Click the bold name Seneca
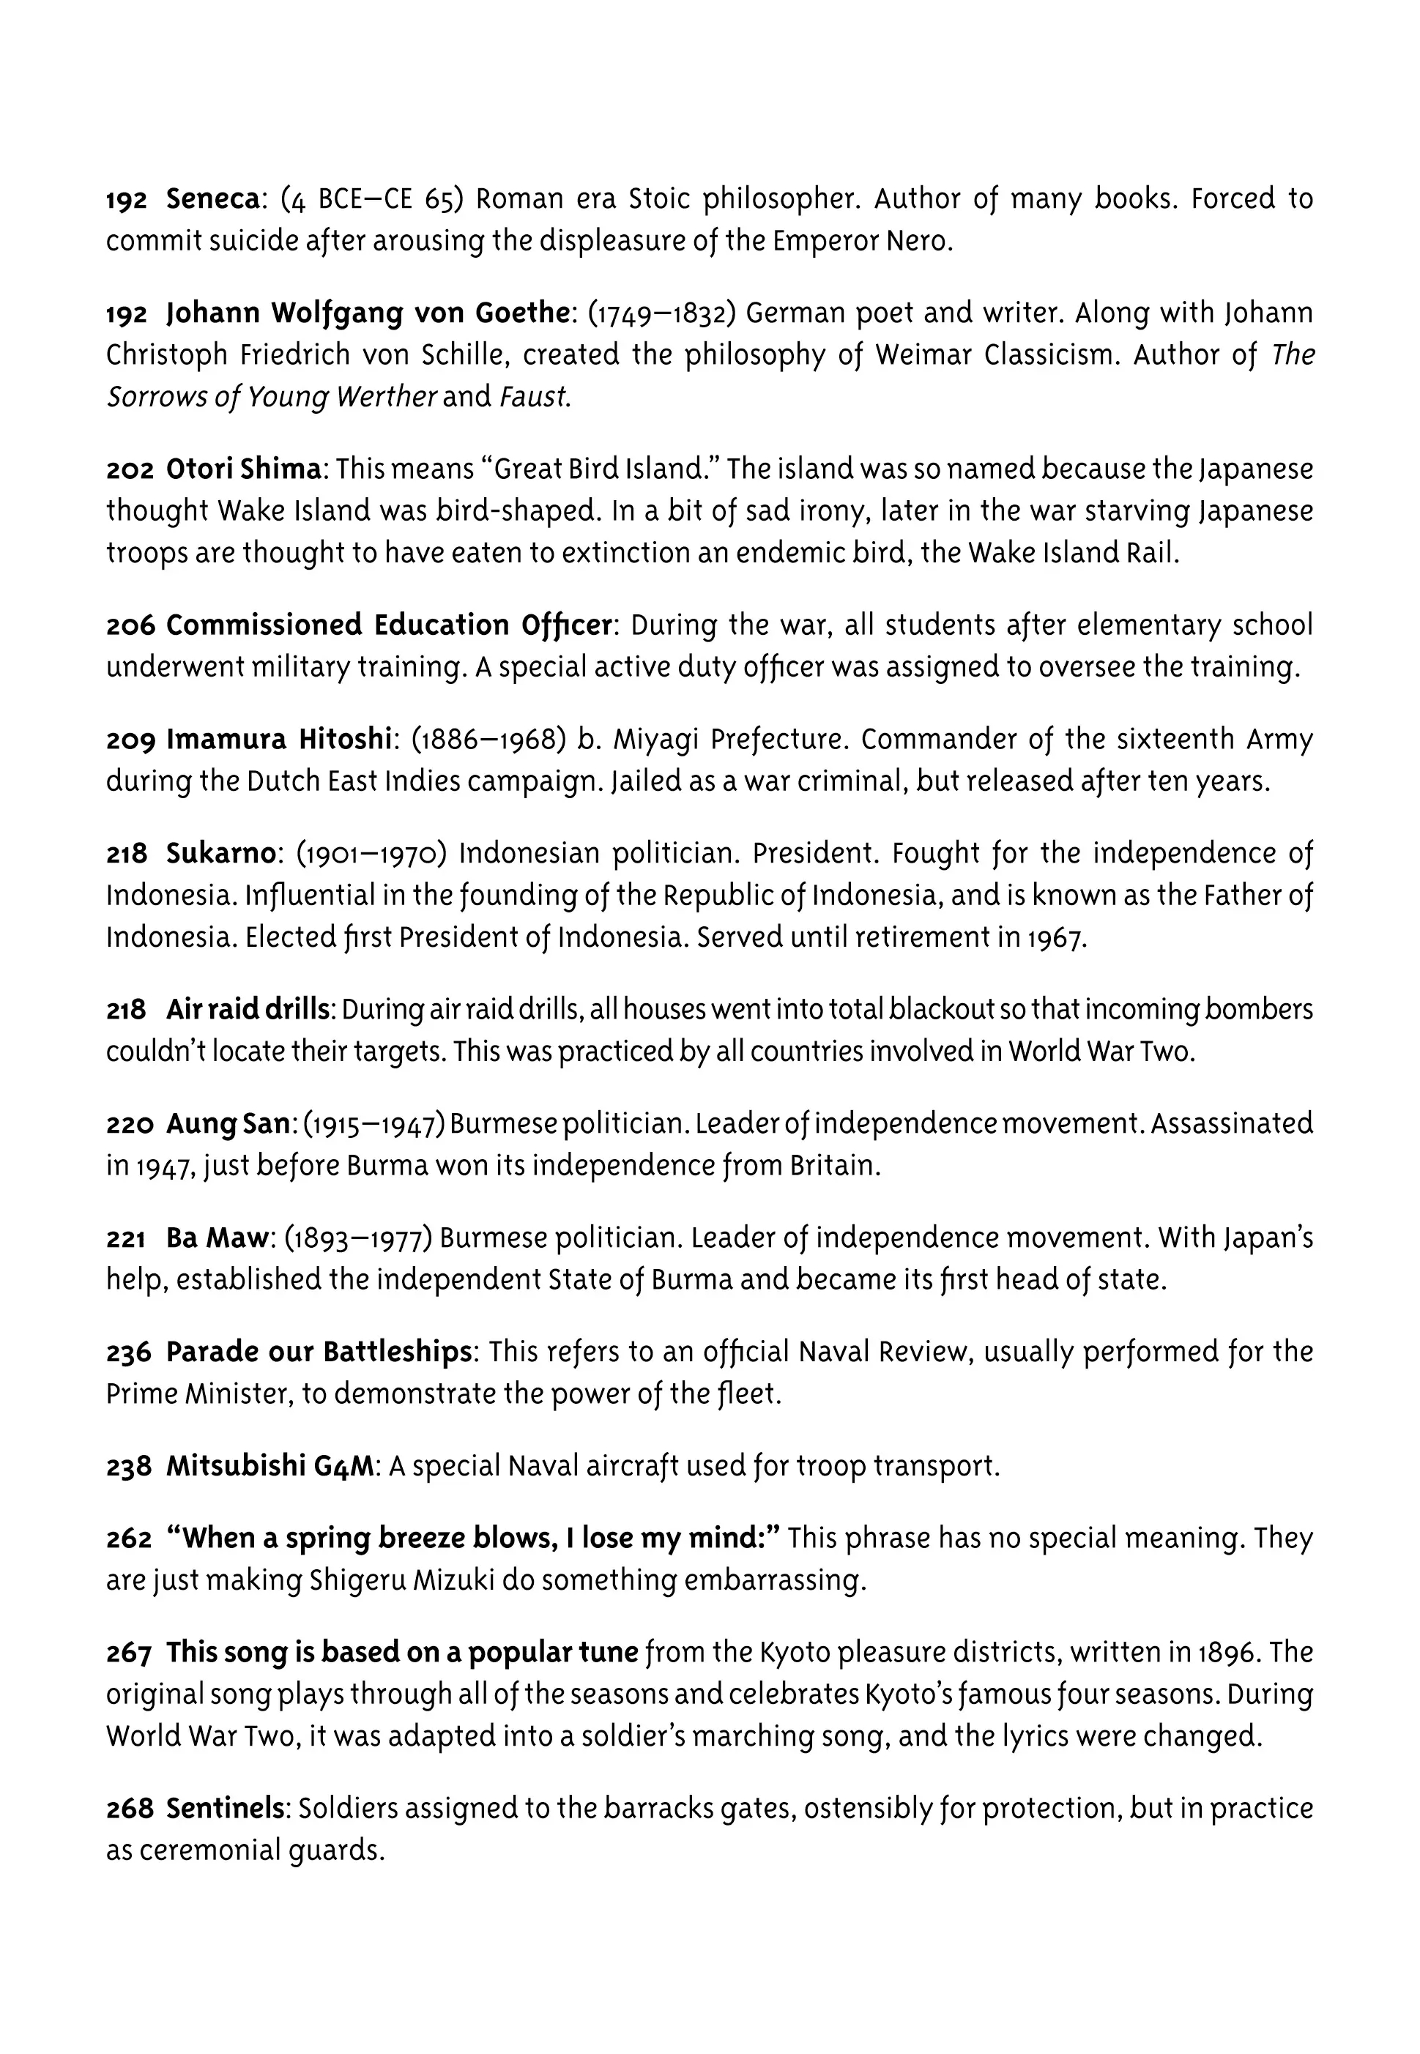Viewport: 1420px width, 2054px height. [x=212, y=199]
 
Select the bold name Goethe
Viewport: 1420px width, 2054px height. [x=521, y=313]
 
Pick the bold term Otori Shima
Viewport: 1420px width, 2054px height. [x=244, y=468]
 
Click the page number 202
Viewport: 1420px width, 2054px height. [x=130, y=469]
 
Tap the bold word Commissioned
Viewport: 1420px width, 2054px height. [x=264, y=625]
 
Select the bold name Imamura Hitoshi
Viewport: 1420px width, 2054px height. [x=278, y=740]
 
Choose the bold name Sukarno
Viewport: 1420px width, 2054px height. [x=220, y=853]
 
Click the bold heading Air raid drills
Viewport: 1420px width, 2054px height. [x=248, y=1010]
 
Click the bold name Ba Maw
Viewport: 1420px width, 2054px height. [x=217, y=1238]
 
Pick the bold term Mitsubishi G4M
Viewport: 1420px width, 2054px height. [x=269, y=1466]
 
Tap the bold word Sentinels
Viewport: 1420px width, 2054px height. [x=226, y=1809]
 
